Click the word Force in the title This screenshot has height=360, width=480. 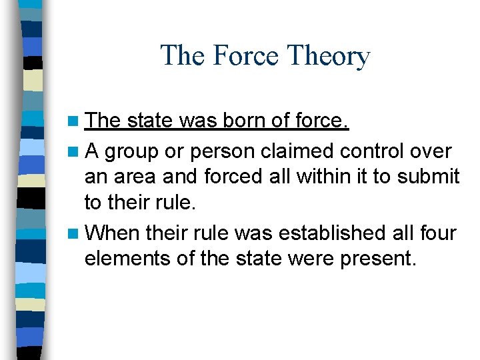pyautogui.click(x=241, y=56)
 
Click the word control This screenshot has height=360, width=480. pyautogui.click(x=373, y=151)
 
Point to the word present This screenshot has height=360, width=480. pyautogui.click(x=378, y=259)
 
